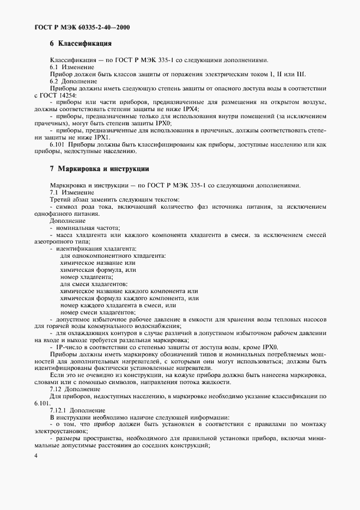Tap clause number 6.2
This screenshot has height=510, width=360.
point(54,81)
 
